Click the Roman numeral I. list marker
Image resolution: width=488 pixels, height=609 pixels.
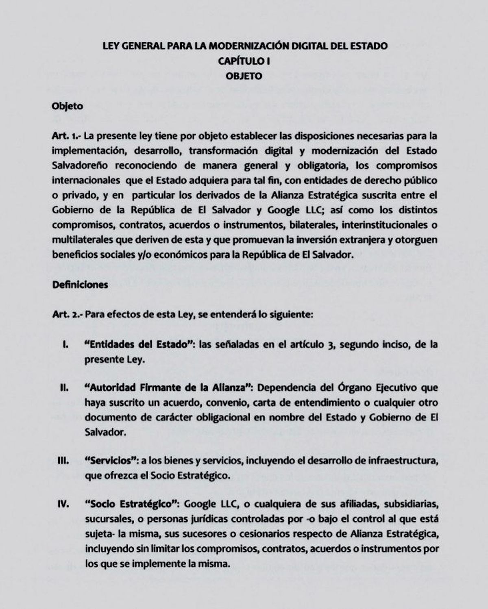65,345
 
